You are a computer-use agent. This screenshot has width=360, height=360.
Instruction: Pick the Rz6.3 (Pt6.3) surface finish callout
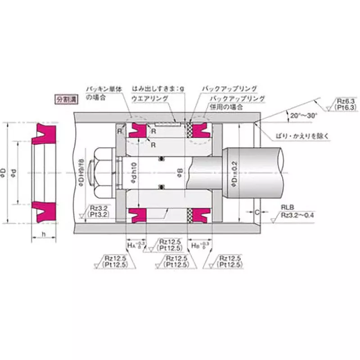pos(346,104)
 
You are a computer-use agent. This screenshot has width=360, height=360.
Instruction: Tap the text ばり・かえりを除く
pos(304,135)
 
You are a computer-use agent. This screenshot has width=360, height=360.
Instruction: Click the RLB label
pos(287,207)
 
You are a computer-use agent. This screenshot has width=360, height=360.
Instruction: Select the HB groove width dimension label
pos(199,246)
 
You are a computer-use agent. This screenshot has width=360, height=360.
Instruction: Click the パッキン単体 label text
pos(103,89)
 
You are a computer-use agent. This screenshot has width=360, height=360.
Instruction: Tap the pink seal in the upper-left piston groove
pos(137,130)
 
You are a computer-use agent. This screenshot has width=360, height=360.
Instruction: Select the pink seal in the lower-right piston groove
pos(201,215)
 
